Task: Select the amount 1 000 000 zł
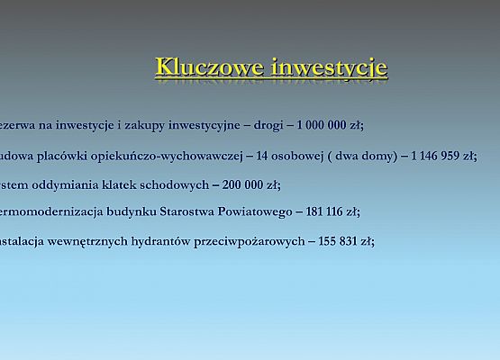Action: point(331,126)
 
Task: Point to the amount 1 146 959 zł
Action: point(443,156)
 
